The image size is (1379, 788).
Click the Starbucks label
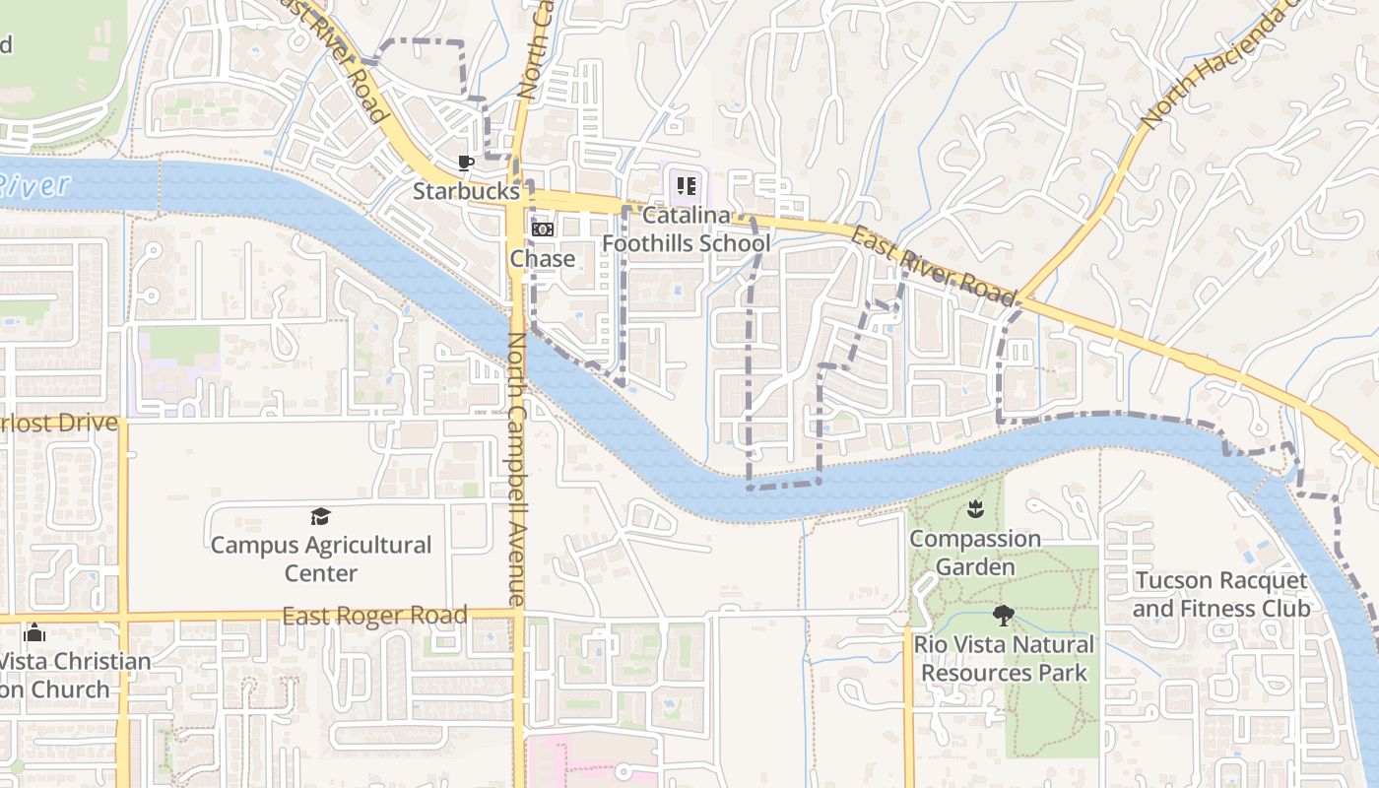point(465,191)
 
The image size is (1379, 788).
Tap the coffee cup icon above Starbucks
point(466,163)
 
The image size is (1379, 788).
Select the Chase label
point(542,259)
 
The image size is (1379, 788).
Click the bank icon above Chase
point(543,230)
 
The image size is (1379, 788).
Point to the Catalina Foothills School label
point(686,229)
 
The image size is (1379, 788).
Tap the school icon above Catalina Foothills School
point(686,184)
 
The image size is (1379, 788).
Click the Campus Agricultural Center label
point(321,558)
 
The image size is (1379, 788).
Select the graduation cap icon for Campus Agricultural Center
point(320,517)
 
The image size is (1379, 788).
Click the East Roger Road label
point(374,617)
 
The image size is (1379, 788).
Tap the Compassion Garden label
point(975,553)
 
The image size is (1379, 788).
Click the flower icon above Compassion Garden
point(975,509)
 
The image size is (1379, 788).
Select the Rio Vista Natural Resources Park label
point(1004,659)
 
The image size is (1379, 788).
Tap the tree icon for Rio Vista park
point(1004,617)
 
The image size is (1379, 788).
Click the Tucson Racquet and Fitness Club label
point(1221,594)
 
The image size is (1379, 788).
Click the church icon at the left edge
point(34,632)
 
